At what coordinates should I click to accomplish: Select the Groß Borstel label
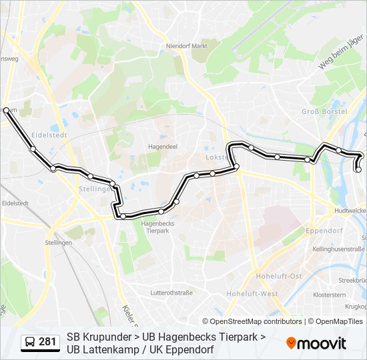pyautogui.click(x=324, y=111)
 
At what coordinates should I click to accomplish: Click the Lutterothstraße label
pyautogui.click(x=171, y=292)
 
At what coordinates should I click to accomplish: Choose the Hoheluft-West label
pyautogui.click(x=252, y=293)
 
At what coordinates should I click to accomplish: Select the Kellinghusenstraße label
pyautogui.click(x=338, y=249)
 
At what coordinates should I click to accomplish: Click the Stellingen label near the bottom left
pyautogui.click(x=59, y=243)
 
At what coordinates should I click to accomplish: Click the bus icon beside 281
pyautogui.click(x=30, y=342)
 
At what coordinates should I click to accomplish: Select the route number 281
pyautogui.click(x=47, y=342)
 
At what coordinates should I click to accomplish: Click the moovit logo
pyautogui.click(x=316, y=343)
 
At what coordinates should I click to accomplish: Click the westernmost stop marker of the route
pyautogui.click(x=7, y=110)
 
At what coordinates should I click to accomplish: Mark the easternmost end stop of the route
pyautogui.click(x=358, y=169)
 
